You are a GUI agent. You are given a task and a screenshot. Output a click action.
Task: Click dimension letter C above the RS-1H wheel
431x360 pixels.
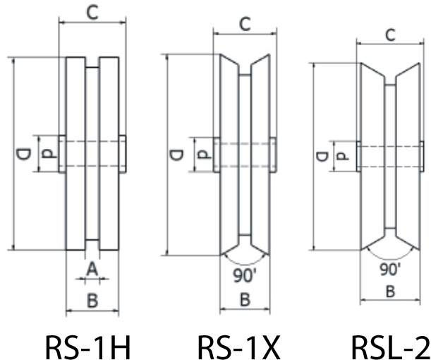(92, 12)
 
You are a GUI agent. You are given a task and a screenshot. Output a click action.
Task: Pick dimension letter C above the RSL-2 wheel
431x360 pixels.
(390, 35)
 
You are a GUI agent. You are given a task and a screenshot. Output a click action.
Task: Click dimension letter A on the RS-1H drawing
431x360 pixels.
(91, 268)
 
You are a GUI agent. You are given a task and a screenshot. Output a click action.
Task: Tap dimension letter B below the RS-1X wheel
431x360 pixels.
(245, 299)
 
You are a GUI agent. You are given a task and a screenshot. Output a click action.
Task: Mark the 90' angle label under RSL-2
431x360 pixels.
(389, 268)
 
